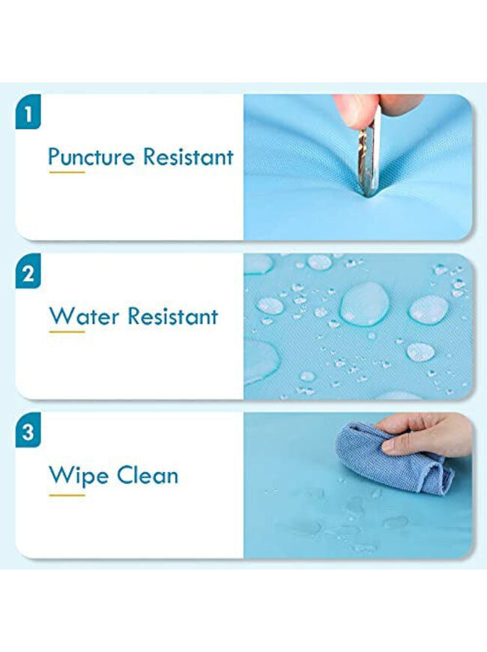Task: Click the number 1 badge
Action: pos(28,112)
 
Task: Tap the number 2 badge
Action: pos(28,271)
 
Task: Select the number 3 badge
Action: pos(28,430)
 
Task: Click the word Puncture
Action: pos(91,157)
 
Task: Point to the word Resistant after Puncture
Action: pos(188,157)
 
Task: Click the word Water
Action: pos(84,316)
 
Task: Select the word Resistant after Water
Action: pos(173,316)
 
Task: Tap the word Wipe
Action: pos(79,477)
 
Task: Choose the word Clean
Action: pos(148,475)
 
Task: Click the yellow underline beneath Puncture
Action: pos(67,172)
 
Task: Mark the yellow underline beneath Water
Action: pos(67,332)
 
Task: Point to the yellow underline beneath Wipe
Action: pos(67,495)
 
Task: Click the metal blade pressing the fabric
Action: pos(369,150)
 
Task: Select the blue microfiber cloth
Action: pos(393,457)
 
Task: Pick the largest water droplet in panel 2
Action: pos(365,303)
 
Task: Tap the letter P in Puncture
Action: pos(55,157)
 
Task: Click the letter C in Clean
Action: pos(125,476)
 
